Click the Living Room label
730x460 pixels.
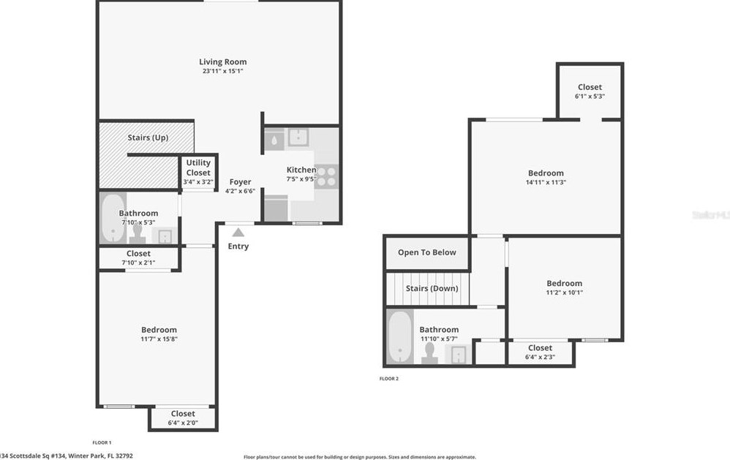(223, 62)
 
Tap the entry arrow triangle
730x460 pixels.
(238, 233)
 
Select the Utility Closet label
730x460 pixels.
(198, 167)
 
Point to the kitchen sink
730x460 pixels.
(298, 137)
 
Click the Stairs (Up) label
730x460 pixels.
(148, 137)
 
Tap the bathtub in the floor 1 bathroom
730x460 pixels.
(112, 217)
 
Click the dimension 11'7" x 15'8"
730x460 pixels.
(159, 339)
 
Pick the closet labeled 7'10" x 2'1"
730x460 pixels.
(138, 257)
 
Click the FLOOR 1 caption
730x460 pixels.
(102, 442)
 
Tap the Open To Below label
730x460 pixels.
(426, 252)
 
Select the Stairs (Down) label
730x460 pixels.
(432, 288)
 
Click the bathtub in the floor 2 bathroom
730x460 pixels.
(399, 336)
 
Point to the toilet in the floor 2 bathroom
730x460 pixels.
(429, 352)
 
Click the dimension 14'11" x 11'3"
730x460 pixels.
(546, 182)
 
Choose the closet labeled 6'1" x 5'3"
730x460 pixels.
(590, 91)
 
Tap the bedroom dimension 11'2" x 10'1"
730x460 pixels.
(564, 292)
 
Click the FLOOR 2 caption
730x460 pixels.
(388, 379)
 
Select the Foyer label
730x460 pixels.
(240, 182)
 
